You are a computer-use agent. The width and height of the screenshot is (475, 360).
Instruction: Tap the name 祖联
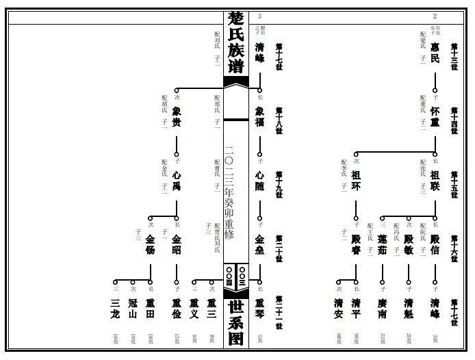pos(435,180)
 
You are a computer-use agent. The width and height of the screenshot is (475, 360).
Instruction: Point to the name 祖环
pos(356,180)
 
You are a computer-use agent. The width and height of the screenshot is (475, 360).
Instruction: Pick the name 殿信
pos(435,244)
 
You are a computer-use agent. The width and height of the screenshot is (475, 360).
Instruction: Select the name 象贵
pos(177,116)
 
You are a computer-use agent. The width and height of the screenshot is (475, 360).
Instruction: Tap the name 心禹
pos(177,180)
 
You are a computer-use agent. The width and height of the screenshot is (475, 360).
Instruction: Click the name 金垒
pos(259,244)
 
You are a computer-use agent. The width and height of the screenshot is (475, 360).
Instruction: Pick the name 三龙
pos(115,309)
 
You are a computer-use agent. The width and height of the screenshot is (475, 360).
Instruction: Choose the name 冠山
pos(133,309)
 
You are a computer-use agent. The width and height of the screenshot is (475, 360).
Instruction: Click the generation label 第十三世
pos(454,52)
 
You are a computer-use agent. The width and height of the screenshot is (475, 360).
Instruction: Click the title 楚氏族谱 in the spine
pos(236,41)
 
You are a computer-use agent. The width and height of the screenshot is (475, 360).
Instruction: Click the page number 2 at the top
pos(435,16)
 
